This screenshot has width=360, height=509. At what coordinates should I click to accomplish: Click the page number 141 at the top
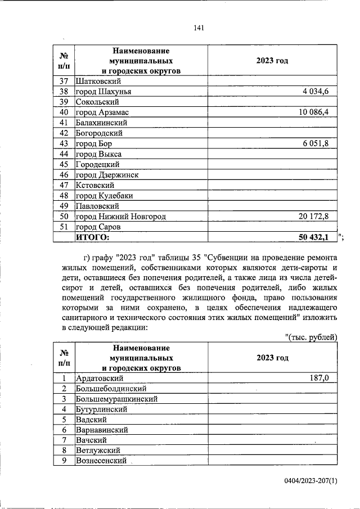[x=198, y=29]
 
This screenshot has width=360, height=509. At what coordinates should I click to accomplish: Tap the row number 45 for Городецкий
[x=64, y=164]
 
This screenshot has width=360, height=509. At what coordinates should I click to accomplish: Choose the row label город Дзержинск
[x=107, y=175]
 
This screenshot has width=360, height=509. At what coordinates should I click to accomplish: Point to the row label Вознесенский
[x=101, y=461]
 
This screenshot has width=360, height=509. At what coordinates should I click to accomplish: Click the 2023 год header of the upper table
[x=272, y=61]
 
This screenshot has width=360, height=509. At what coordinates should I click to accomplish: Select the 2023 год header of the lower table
[x=272, y=358]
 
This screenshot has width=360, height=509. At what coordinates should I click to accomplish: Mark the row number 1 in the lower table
[x=64, y=379]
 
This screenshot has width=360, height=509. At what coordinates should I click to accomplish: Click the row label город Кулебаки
[x=104, y=196]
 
